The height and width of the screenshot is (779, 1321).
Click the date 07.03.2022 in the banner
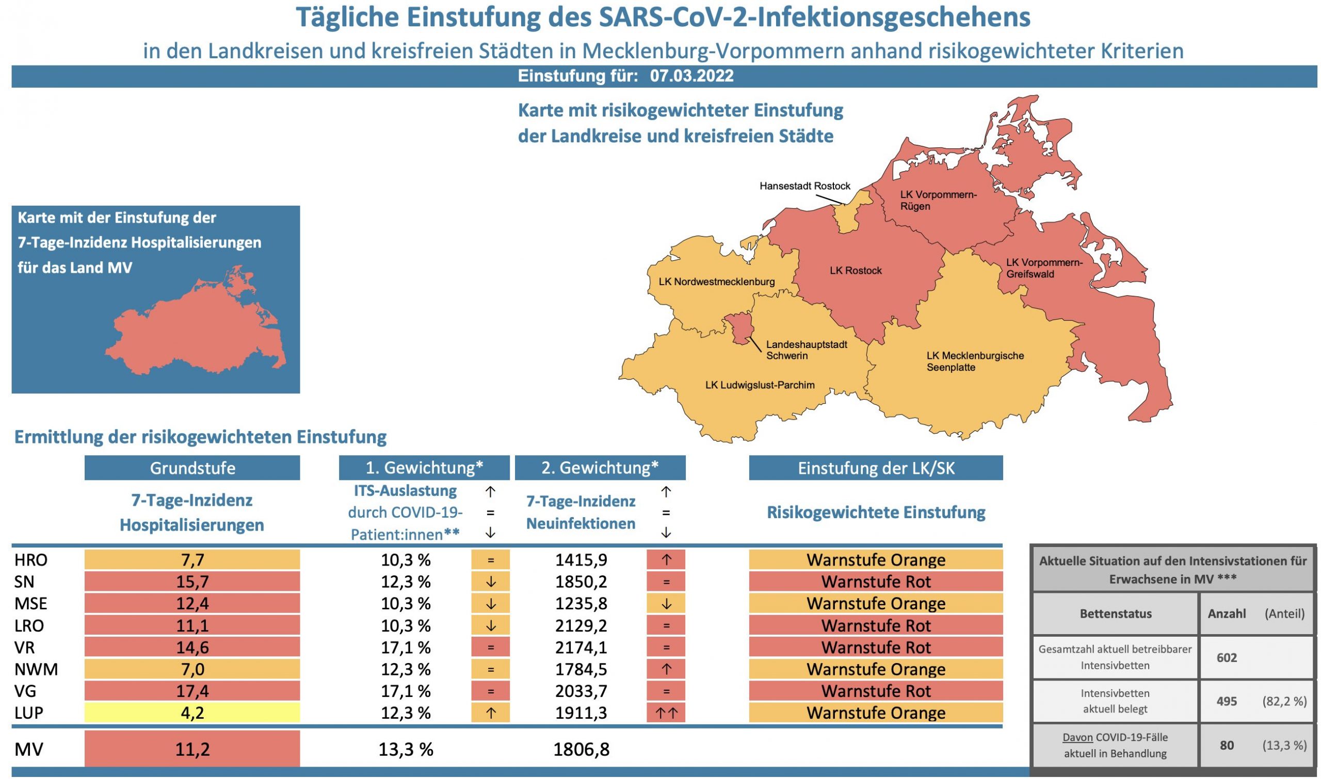pos(691,76)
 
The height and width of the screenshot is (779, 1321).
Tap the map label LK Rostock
pos(856,271)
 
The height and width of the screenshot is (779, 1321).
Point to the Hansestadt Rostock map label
pos(804,186)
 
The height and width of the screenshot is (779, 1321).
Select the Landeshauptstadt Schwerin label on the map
pos(806,350)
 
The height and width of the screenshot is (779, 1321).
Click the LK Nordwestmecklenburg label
pos(716,282)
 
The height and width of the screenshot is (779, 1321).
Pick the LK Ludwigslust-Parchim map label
pos(760,385)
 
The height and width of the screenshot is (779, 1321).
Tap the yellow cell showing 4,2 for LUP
pos(192,713)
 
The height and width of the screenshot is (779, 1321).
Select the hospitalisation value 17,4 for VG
pos(192,691)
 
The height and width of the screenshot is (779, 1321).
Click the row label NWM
pos(36,669)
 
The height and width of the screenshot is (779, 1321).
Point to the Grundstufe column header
pos(192,468)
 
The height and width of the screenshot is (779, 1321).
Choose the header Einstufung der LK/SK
pos(876,468)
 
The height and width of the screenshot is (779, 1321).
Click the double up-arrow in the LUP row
pos(666,713)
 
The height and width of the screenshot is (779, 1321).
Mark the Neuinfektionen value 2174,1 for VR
pos(581,647)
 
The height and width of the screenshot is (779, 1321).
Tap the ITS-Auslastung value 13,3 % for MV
pos(406,749)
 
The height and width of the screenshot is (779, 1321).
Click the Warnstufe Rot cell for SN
pos(876,582)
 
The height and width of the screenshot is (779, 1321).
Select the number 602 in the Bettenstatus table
pos(1227,658)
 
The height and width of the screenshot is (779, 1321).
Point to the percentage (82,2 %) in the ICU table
pos(1284,701)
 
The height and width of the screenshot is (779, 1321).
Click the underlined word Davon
pos(1077,738)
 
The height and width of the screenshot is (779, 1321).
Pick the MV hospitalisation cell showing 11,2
pos(192,749)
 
